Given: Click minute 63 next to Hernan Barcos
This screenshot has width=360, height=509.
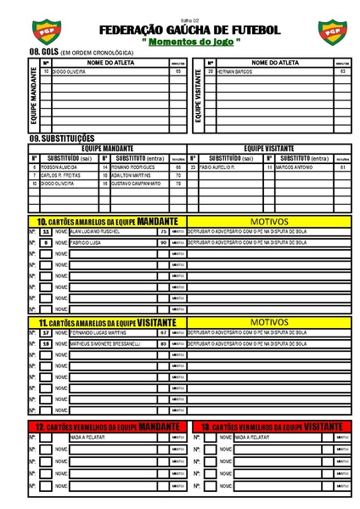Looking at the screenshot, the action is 341,71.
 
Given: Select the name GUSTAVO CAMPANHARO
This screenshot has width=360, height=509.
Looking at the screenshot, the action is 136,184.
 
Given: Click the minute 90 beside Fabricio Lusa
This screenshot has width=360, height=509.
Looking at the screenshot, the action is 163,243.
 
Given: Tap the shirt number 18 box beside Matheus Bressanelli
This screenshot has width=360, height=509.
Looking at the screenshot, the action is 46,344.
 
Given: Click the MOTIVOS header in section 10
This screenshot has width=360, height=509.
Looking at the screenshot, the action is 269,221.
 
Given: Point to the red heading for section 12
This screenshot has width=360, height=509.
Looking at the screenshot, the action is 108,425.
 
